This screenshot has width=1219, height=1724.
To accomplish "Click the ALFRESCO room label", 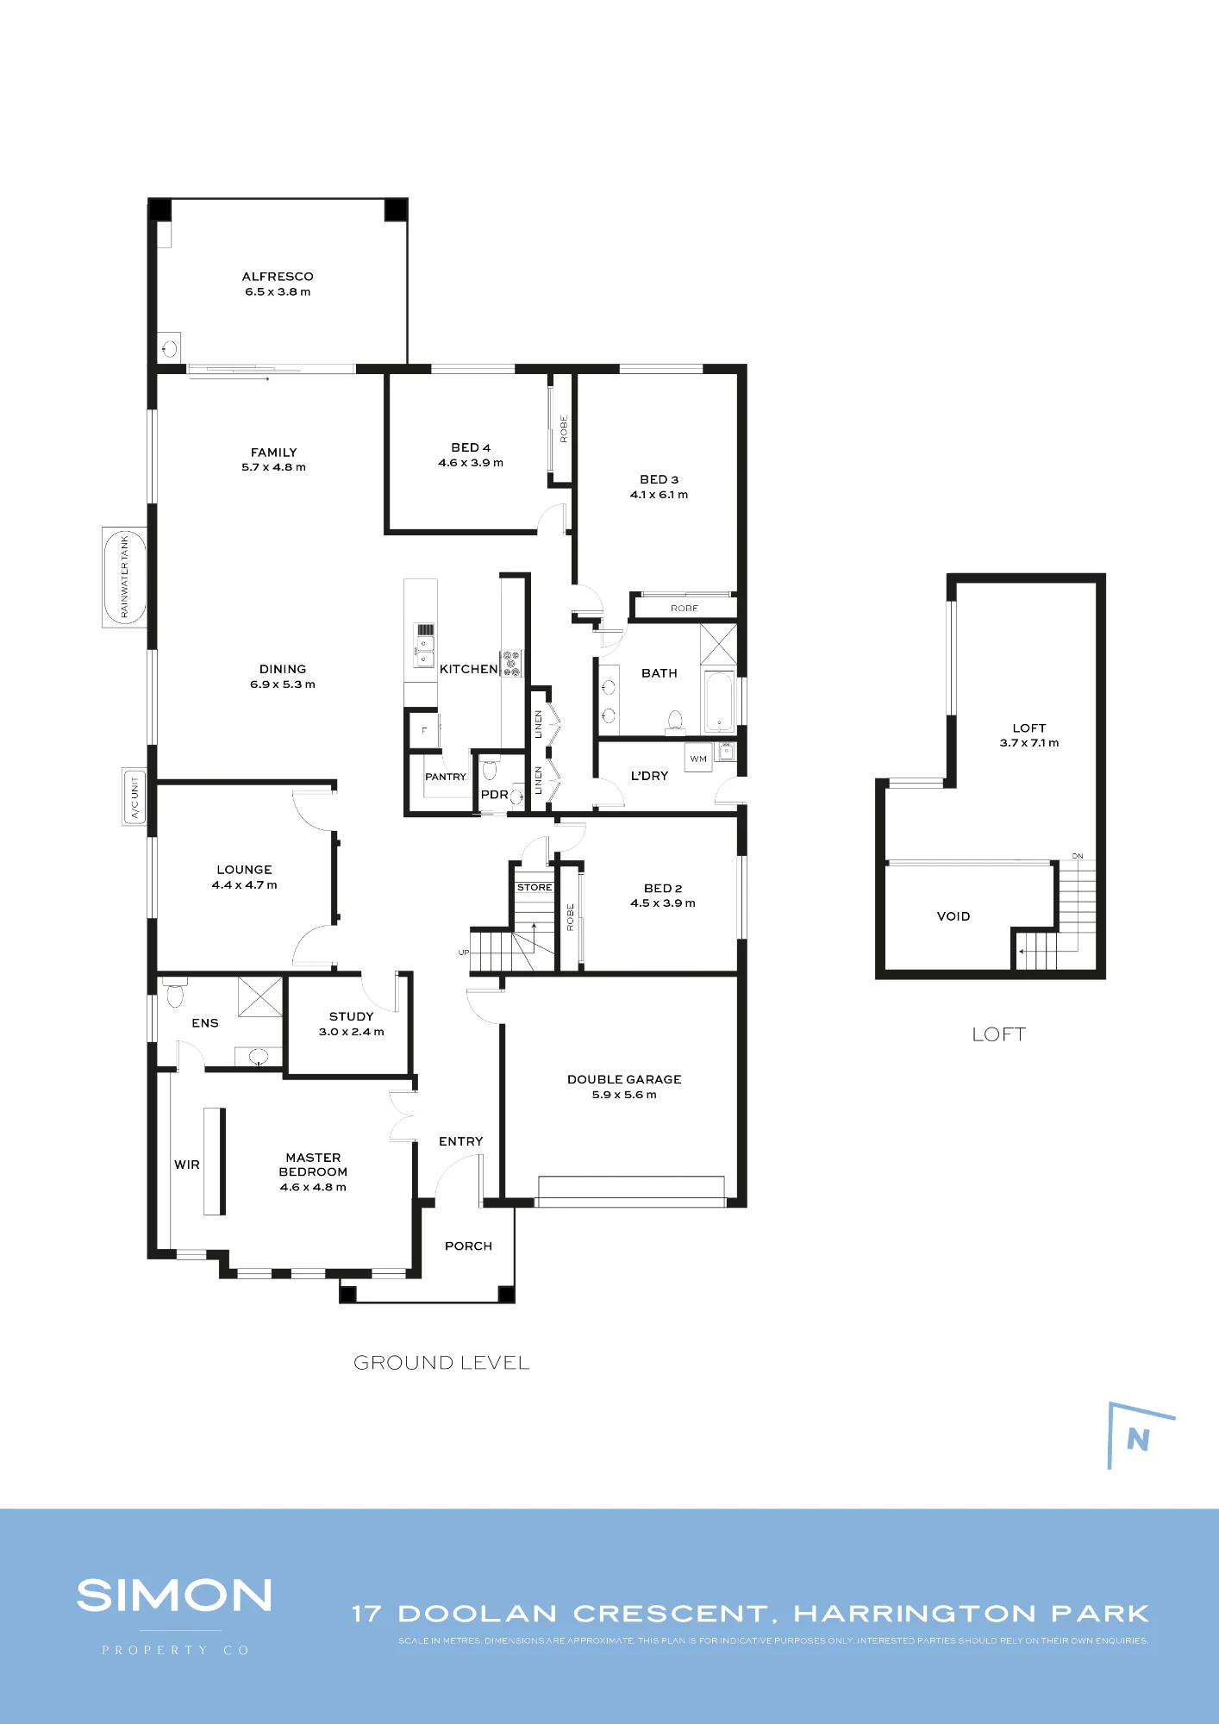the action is point(278,277).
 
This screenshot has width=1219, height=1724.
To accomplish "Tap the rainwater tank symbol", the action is point(124,578).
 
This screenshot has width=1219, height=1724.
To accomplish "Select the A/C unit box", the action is point(134,796).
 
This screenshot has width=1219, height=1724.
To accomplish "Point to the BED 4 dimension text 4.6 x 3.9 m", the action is point(471,463).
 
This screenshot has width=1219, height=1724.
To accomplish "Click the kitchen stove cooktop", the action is point(511,663).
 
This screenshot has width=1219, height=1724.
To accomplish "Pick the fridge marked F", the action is point(424,730).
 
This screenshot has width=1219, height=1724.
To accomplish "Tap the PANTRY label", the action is point(446,777).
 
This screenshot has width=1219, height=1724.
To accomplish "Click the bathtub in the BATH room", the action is point(719,702).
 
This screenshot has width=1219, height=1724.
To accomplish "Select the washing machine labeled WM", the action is point(698,759).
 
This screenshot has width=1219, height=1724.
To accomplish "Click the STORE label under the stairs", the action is point(534,887).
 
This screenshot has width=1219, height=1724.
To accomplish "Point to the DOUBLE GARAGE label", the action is point(624,1079).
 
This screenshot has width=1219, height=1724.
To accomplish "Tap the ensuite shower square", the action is point(260,996).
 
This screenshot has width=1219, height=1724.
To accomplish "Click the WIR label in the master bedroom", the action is point(187,1165).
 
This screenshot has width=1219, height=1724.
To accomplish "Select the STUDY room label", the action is point(352,1016).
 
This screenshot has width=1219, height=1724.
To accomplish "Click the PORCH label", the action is point(468,1246).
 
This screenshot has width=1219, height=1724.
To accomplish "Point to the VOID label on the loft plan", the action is point(953,916).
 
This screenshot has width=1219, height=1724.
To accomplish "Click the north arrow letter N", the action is point(1138,1439).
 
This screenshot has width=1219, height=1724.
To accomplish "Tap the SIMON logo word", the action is point(174,1596).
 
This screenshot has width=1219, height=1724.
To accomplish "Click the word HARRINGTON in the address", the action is point(915,1614).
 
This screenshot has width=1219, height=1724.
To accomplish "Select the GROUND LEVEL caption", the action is point(441,1363).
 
